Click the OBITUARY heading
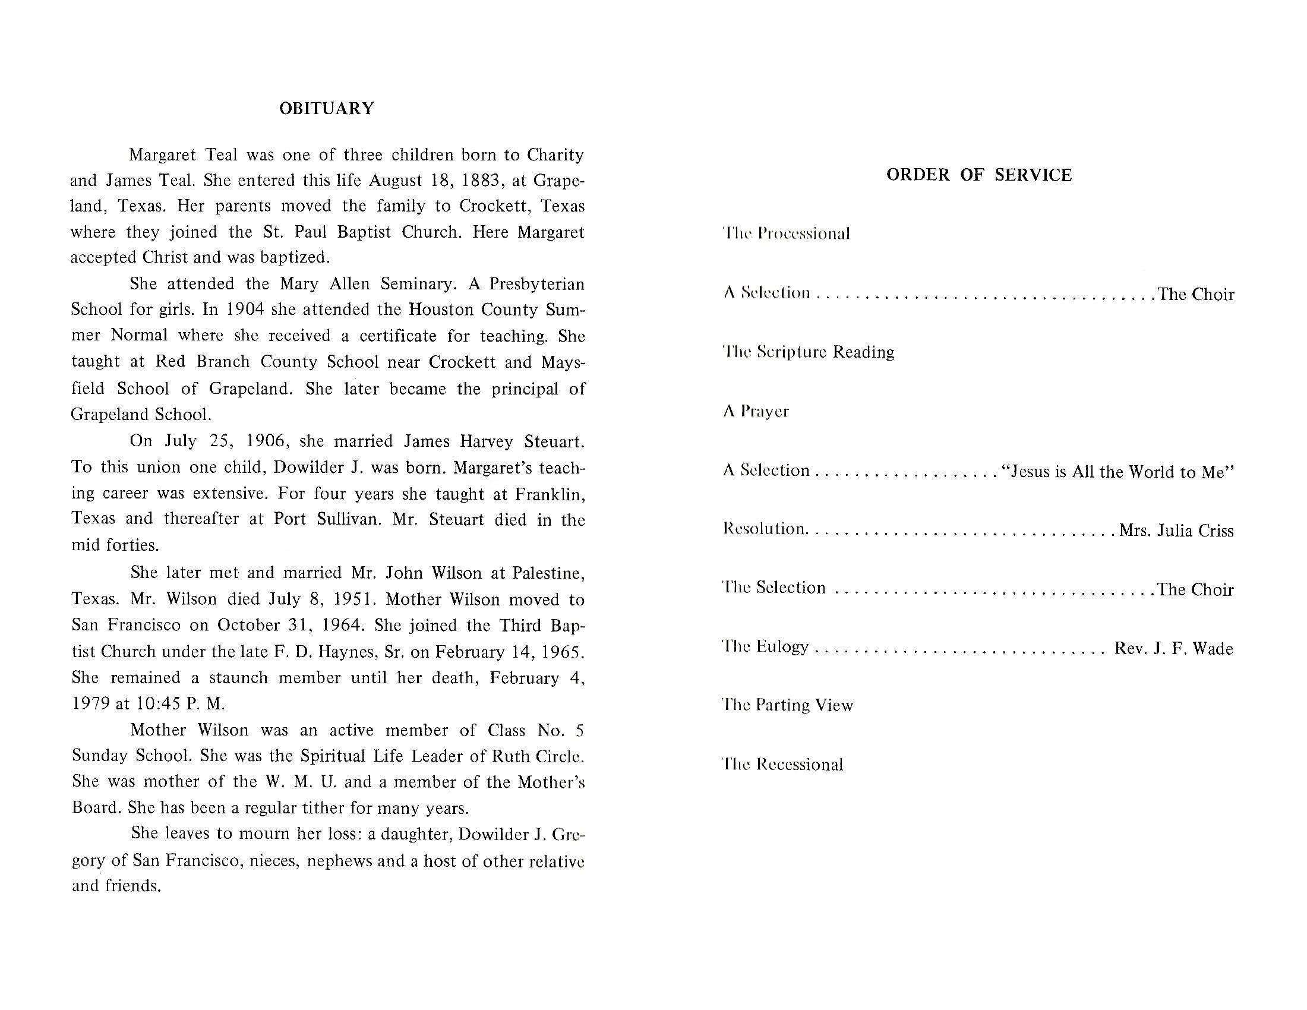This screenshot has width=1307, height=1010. [327, 108]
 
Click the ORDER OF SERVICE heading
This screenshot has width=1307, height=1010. [978, 175]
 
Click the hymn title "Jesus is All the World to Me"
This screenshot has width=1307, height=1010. [1117, 472]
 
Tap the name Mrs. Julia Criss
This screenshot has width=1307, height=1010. [1176, 531]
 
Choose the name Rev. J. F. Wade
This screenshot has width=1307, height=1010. [1173, 649]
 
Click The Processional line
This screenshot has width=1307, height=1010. [787, 233]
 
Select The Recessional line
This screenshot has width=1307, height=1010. [783, 764]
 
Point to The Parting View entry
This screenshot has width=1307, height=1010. [788, 705]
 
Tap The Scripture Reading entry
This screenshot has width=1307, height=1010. [809, 352]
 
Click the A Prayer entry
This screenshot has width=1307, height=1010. [756, 411]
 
